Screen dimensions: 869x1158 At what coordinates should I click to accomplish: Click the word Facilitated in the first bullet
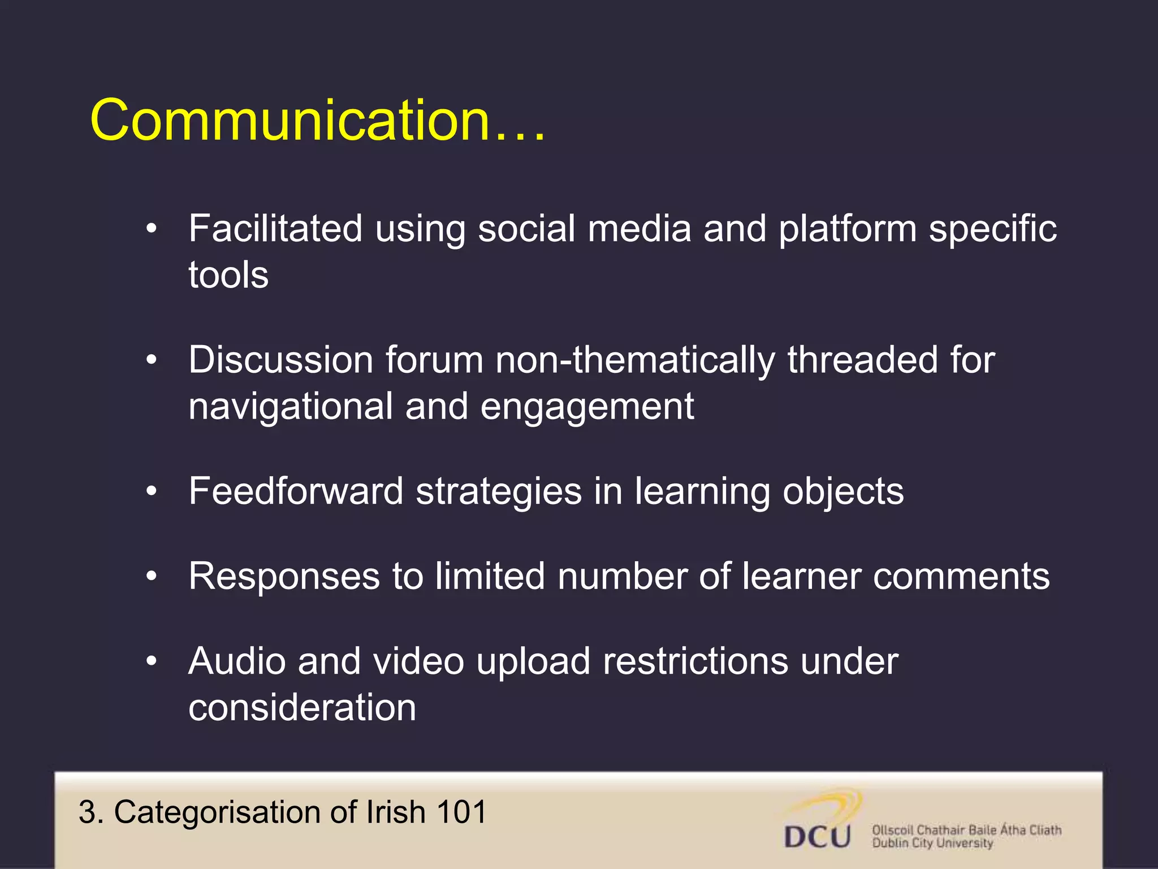tap(275, 229)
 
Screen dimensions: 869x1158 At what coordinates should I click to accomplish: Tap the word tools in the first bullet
tap(228, 275)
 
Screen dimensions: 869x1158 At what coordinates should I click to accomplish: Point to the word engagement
tap(587, 407)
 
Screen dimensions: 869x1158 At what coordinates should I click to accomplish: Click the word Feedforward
tap(296, 491)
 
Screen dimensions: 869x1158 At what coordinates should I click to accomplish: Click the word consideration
tap(302, 708)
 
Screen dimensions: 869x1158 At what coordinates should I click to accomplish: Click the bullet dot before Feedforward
tap(151, 492)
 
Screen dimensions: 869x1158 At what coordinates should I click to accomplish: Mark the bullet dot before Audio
tap(151, 661)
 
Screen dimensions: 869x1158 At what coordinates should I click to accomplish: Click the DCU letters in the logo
tap(817, 837)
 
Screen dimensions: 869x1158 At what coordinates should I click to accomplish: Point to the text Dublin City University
tap(932, 844)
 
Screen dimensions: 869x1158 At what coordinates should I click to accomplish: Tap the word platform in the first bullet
tap(847, 230)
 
